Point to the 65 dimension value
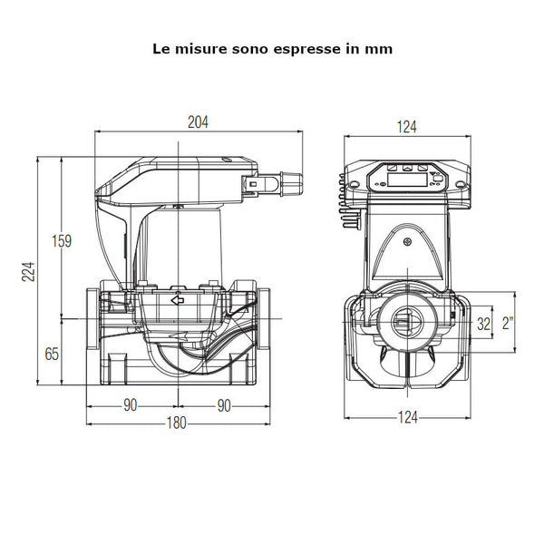[x=52, y=353]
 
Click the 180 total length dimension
[x=178, y=423]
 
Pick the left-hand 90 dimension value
[x=131, y=404]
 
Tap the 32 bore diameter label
[x=483, y=323]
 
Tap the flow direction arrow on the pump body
[x=178, y=300]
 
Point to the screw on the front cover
[x=408, y=242]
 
